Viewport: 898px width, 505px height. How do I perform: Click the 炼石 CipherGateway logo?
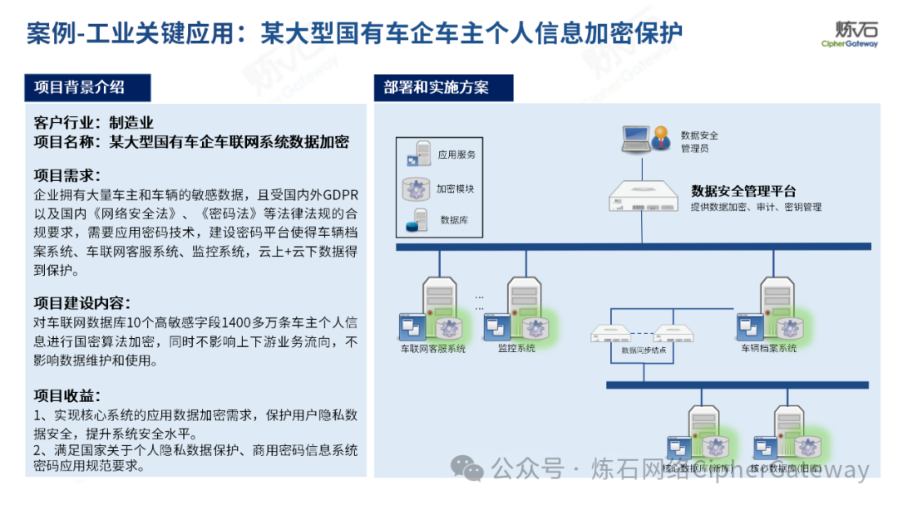click(849, 33)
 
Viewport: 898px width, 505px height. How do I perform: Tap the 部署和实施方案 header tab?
click(437, 87)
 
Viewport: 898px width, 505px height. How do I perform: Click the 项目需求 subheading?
click(67, 175)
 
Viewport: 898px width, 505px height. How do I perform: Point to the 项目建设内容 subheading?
click(81, 302)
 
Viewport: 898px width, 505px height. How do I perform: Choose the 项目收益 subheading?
click(67, 395)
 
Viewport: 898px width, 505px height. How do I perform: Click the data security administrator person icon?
click(659, 138)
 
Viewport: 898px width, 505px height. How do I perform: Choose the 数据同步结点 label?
click(643, 351)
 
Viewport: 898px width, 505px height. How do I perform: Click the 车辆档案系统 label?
click(769, 349)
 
